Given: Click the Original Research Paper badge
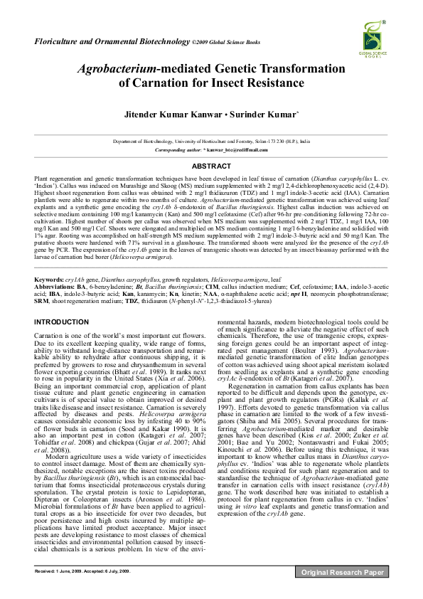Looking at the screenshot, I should pyautogui.click(x=343, y=571).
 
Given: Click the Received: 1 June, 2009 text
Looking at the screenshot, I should pyautogui.click(x=58, y=571).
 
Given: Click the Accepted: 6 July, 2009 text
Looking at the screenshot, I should pyautogui.click(x=107, y=571).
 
